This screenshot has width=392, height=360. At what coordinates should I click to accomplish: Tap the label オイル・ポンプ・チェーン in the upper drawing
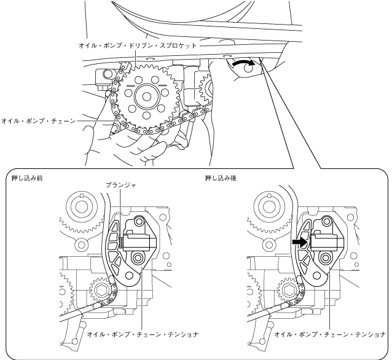click(38, 122)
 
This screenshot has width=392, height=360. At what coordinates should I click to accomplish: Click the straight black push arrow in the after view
click(300, 243)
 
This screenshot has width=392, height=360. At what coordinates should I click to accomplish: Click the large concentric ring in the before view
click(80, 203)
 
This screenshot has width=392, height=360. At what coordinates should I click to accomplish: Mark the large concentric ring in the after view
click(272, 203)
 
